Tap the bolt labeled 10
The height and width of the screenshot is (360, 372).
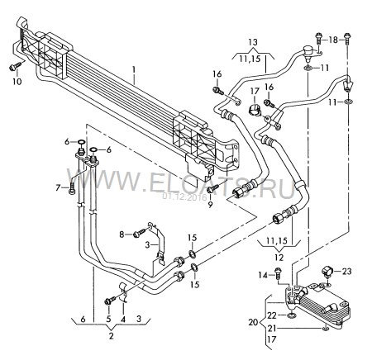tap(15, 66)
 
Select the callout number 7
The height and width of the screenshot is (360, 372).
tap(58, 187)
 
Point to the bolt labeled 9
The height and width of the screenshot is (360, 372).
tap(213, 188)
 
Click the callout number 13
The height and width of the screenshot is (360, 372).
tap(253, 42)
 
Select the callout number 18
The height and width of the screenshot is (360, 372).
tap(333, 40)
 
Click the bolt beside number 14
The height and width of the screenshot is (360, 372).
tap(278, 273)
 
